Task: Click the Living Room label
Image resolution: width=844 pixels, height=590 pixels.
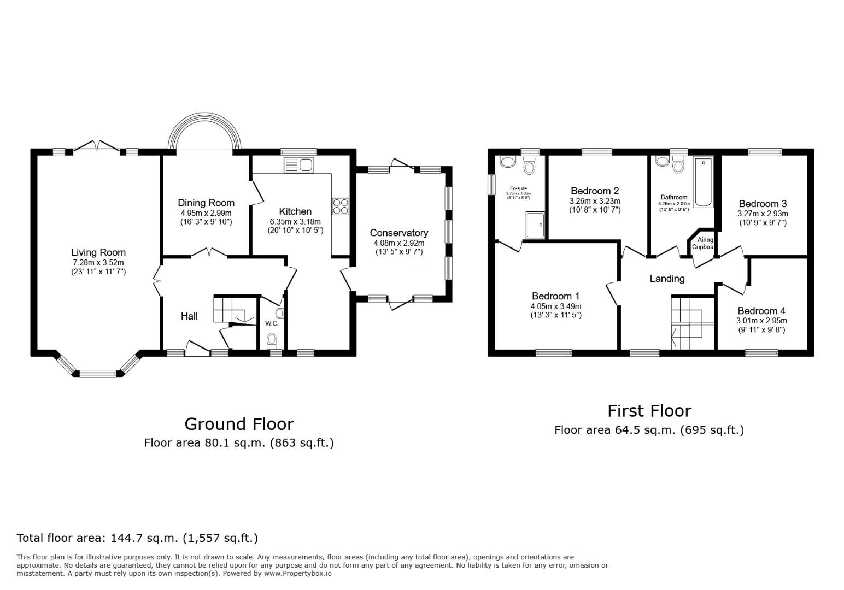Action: point(98,252)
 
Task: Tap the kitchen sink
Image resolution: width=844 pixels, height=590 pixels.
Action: point(298,164)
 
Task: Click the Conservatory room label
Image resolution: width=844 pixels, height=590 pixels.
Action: point(398,233)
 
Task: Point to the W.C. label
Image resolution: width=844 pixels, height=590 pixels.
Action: point(272,323)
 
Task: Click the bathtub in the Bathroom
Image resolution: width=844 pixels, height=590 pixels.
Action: point(704,182)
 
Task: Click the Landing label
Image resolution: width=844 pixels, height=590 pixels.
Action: point(667,279)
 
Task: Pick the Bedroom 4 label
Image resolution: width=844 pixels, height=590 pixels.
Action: point(761,311)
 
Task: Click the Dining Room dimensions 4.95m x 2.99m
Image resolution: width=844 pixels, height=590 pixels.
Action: point(206,213)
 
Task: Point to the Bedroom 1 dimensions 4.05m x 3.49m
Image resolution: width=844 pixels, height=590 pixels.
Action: point(556,306)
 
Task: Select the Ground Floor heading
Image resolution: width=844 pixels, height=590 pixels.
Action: point(239,424)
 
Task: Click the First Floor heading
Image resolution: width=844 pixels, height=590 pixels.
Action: point(649,411)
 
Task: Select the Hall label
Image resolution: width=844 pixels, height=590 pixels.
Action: point(189,316)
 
